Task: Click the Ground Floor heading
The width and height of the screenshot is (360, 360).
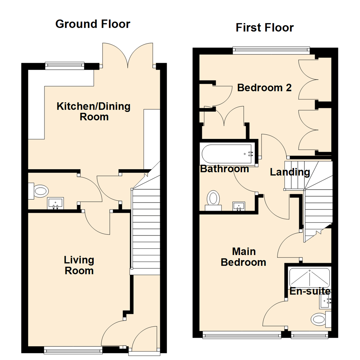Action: [x=93, y=24]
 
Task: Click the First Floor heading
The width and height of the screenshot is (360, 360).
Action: [x=265, y=27]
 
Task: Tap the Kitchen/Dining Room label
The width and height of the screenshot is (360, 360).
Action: [x=94, y=112]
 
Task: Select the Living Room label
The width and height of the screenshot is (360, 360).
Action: [x=79, y=265]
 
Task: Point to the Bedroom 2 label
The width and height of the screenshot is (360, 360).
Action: [x=264, y=88]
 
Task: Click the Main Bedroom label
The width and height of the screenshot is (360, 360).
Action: [x=243, y=257]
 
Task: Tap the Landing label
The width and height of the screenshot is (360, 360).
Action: [x=290, y=172]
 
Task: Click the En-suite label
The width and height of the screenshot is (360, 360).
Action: [x=310, y=291]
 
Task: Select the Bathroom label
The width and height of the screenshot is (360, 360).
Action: [x=224, y=169]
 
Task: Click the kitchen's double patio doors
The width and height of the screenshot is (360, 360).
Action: [x=128, y=55]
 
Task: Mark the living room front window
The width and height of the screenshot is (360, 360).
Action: [x=73, y=349]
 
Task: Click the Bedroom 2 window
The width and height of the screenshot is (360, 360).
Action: [x=271, y=51]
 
